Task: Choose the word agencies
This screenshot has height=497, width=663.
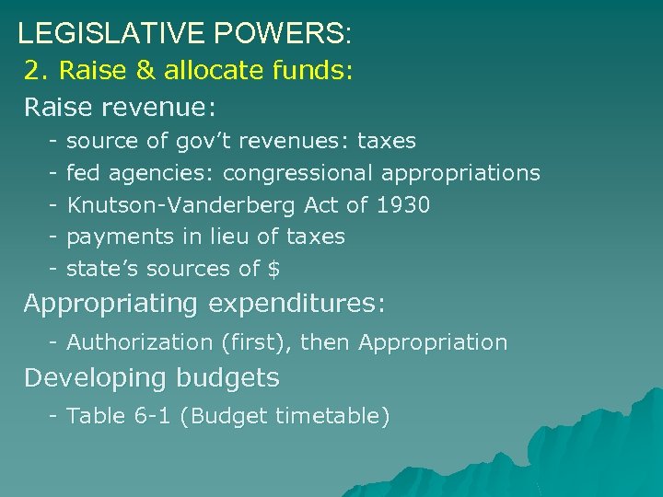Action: coord(161,173)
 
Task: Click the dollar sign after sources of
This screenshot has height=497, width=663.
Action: coord(273,269)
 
